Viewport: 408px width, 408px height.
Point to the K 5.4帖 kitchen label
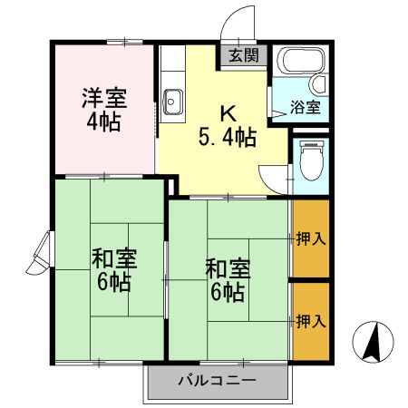[226, 126]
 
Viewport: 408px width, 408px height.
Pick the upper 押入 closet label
[310, 239]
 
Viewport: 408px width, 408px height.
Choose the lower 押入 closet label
[310, 321]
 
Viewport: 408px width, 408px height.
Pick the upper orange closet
[310, 239]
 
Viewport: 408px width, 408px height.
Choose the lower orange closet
[310, 321]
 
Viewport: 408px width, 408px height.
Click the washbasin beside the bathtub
[318, 83]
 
